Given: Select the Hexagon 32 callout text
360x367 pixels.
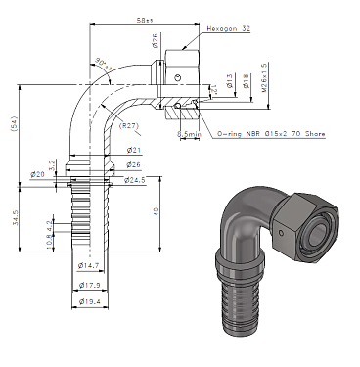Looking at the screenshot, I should point(228,30).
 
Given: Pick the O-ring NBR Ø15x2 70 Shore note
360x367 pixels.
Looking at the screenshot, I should point(271,133).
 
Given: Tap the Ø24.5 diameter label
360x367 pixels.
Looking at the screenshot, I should point(136,179).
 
